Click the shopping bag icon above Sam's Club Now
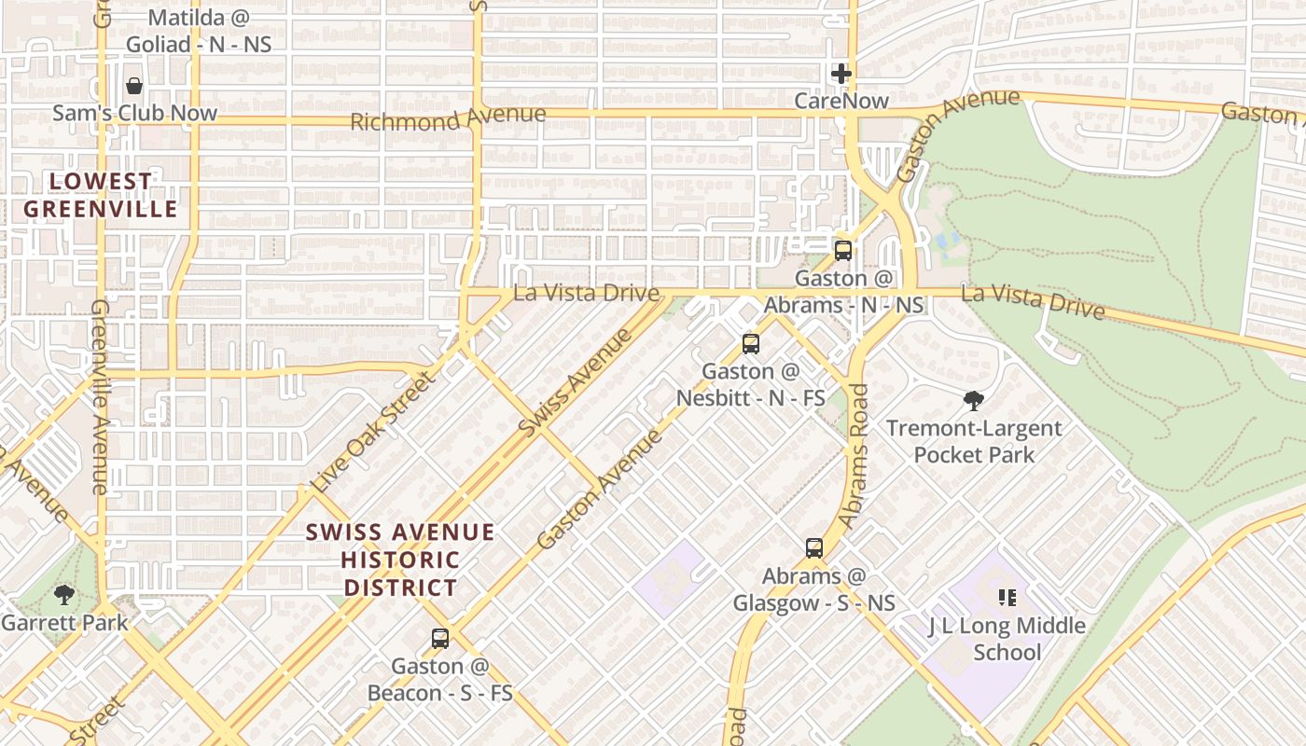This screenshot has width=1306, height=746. [134, 86]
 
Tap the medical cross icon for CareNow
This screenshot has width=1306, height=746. [841, 73]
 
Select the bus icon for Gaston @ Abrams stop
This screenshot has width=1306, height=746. [843, 250]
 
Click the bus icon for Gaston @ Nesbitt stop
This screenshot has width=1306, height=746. [751, 343]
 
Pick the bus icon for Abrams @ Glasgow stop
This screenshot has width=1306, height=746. [814, 547]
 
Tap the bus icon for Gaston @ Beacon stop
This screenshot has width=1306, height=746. [440, 639]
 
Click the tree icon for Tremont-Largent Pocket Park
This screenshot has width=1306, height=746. [974, 401]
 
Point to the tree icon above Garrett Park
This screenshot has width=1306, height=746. [64, 594]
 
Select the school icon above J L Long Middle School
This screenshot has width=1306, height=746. [1007, 597]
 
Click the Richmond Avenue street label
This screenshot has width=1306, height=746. [448, 118]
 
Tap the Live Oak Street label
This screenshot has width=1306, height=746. [373, 433]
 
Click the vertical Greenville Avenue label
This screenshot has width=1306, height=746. [101, 396]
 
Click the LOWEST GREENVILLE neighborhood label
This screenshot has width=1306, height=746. [100, 195]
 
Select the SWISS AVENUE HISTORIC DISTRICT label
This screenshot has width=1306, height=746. [400, 559]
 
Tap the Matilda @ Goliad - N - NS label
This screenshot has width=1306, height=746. [198, 30]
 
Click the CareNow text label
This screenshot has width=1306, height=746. [841, 100]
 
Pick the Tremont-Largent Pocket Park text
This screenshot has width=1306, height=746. [974, 441]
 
